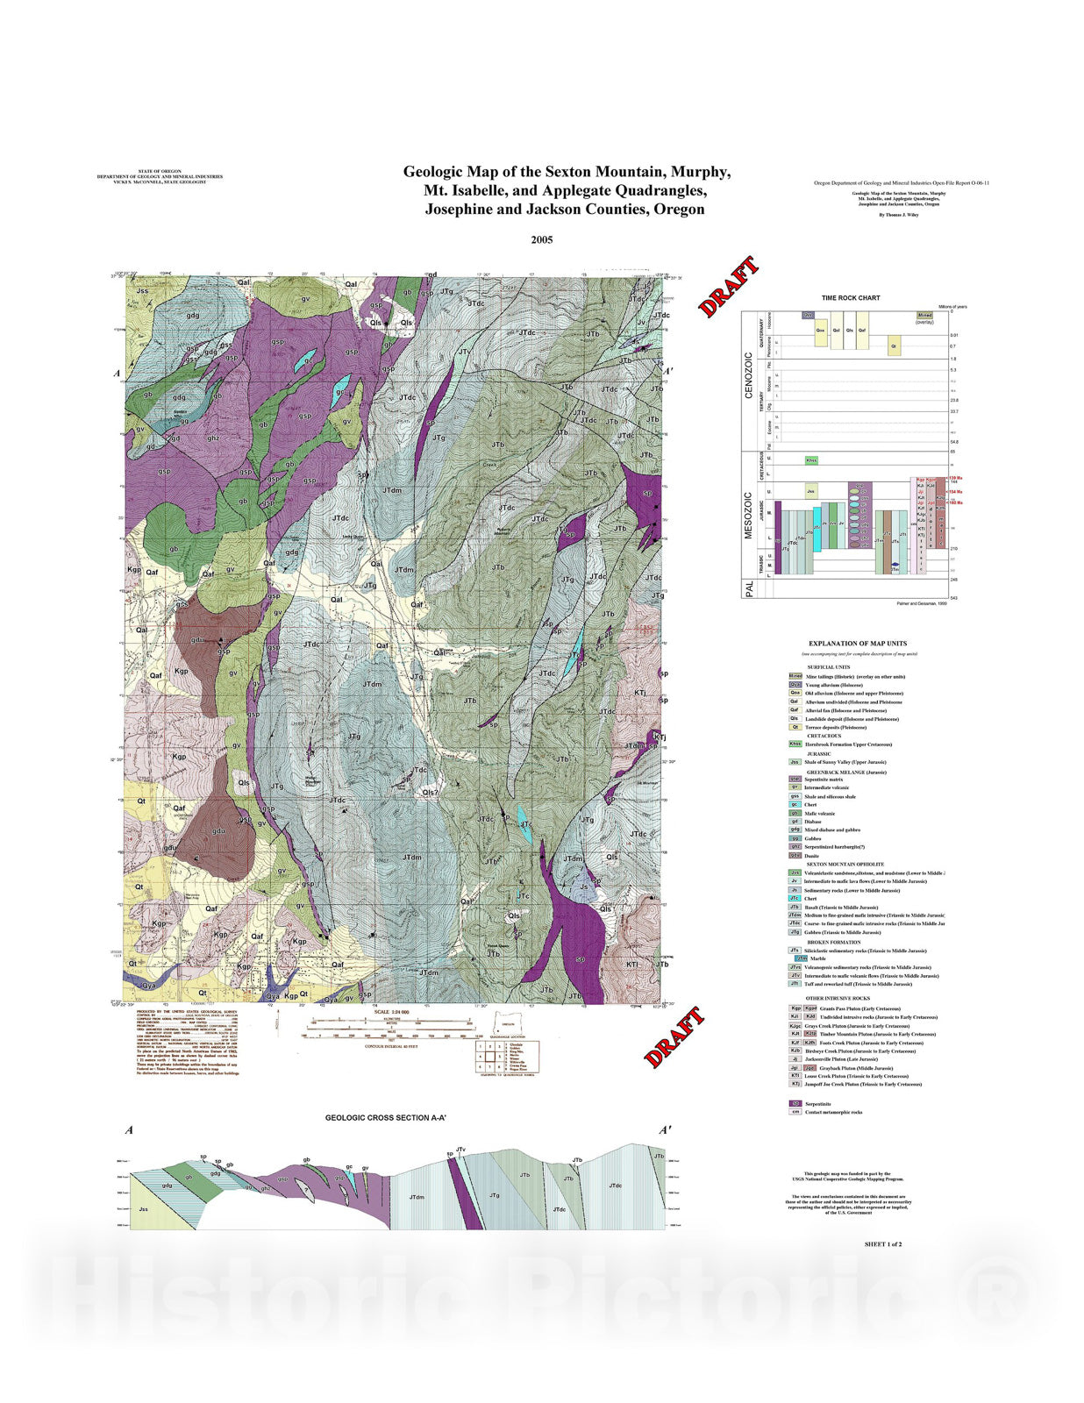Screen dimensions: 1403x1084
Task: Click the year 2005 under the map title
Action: [x=541, y=239]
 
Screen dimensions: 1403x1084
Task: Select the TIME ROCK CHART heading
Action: [x=850, y=298]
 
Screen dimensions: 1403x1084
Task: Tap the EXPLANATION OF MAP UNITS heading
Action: [x=857, y=644]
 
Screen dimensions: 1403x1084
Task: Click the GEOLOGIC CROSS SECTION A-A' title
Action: [x=386, y=1118]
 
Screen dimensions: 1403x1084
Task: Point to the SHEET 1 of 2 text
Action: [x=882, y=1244]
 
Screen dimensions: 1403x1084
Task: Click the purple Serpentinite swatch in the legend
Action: [x=795, y=1104]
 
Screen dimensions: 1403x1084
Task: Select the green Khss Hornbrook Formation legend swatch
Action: [x=795, y=744]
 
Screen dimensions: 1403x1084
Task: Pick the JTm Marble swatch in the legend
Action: [x=801, y=958]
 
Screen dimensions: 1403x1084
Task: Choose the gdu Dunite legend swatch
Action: [x=795, y=855]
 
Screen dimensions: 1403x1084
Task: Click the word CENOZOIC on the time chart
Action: [x=749, y=376]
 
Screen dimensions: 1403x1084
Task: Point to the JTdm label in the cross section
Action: [x=417, y=1197]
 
